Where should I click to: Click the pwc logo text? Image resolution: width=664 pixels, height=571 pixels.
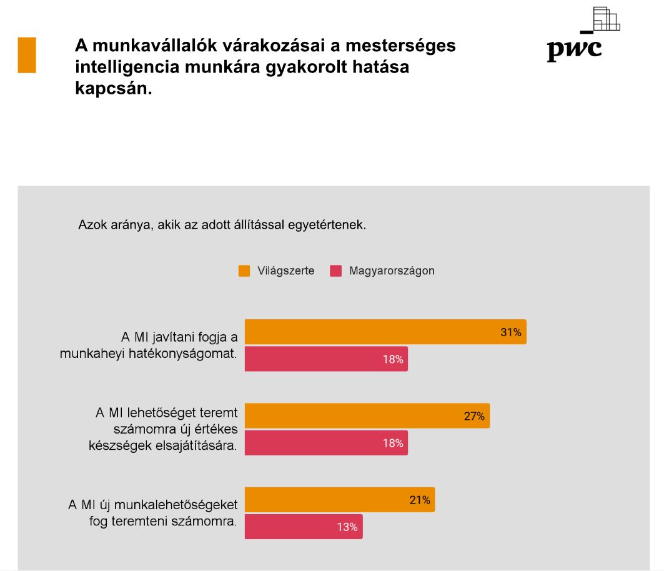click(574, 49)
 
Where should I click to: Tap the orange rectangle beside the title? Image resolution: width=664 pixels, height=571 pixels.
click(27, 55)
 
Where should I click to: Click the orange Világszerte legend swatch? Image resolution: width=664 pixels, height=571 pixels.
click(244, 271)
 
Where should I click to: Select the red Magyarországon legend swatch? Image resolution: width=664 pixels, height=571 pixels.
click(336, 271)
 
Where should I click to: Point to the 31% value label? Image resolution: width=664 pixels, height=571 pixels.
click(510, 332)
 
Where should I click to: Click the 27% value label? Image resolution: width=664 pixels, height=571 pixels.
click(474, 416)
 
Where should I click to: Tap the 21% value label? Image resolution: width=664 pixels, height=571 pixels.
click(420, 500)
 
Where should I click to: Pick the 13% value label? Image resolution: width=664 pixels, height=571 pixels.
click(347, 527)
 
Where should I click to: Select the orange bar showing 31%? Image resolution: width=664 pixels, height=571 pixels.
click(385, 332)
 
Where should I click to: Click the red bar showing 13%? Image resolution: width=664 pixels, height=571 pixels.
click(303, 527)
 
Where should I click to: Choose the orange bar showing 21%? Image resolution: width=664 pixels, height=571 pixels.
click(339, 500)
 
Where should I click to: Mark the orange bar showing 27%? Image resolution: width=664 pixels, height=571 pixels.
click(367, 415)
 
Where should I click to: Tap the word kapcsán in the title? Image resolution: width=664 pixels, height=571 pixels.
click(113, 88)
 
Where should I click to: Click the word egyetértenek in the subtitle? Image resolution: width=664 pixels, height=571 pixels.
click(327, 225)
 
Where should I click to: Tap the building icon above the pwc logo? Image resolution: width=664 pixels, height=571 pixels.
click(605, 19)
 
